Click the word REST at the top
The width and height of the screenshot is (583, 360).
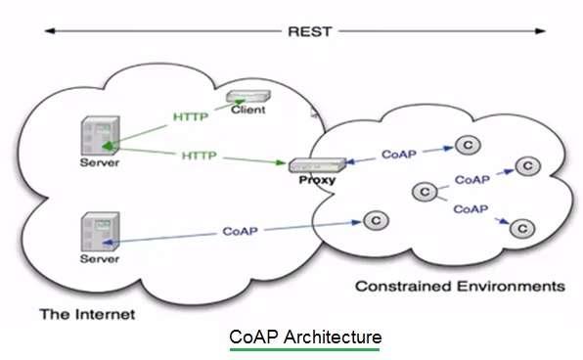pos(309,30)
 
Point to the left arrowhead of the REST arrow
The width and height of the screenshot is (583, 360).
pos(48,31)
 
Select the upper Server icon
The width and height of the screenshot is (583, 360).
pos(100,137)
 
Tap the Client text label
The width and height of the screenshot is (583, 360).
pos(248,110)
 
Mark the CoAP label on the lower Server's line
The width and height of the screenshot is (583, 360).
pos(241,232)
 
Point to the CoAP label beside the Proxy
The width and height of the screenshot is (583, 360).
pos(400,155)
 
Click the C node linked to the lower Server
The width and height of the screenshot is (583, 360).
pos(373,220)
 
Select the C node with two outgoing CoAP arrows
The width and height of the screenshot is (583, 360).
pos(425,192)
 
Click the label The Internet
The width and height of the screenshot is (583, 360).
pos(86,314)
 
